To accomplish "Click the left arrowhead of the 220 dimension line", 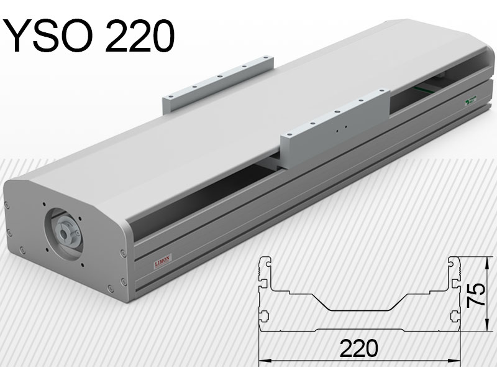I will pos(262,360).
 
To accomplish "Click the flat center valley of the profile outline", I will pos(359,309).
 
